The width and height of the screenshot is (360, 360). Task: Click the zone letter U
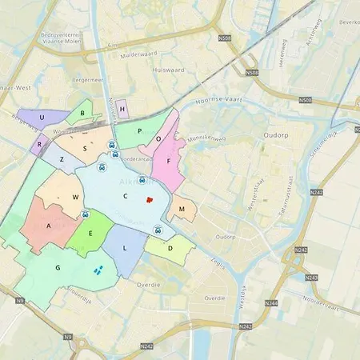[x=41, y=118]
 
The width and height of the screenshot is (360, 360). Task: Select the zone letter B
[x=82, y=114]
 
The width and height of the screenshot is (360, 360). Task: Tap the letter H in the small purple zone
[x=122, y=108]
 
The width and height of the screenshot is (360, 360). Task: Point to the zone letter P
[x=139, y=130]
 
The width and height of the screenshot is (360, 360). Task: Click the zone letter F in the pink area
[x=168, y=161]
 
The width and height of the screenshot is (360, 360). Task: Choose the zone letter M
[x=182, y=210]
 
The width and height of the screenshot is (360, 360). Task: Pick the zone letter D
[x=170, y=249]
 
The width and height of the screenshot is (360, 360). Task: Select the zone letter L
[x=125, y=249]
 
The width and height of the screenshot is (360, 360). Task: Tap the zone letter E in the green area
[x=90, y=234]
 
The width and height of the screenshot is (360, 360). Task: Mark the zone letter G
[x=58, y=268]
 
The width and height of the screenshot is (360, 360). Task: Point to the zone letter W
[x=75, y=197]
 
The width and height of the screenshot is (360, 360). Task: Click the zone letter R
[x=39, y=146]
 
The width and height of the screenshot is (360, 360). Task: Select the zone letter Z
[x=61, y=159]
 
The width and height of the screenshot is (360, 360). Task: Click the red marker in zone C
[x=149, y=200]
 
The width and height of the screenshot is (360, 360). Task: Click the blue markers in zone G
[x=98, y=270]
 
